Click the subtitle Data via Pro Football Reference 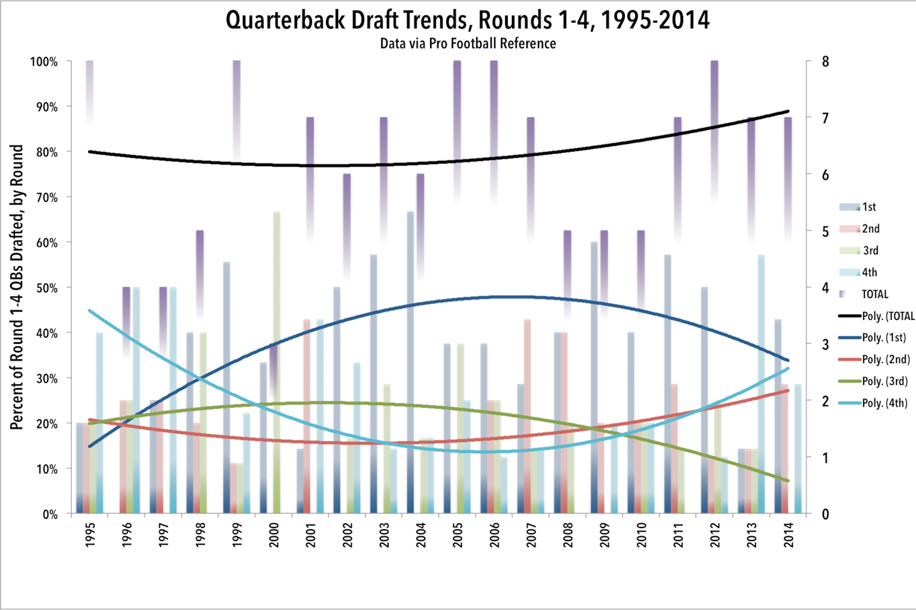(x=468, y=43)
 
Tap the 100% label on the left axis (x=44, y=62)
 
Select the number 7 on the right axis (x=825, y=117)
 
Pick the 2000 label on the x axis (x=274, y=535)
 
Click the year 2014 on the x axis (x=788, y=535)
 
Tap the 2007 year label (x=531, y=535)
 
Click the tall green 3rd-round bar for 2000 (x=277, y=362)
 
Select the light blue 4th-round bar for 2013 (x=761, y=384)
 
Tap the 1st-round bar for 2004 (x=410, y=362)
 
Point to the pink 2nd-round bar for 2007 (x=527, y=416)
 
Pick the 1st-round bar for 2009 (x=594, y=377)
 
